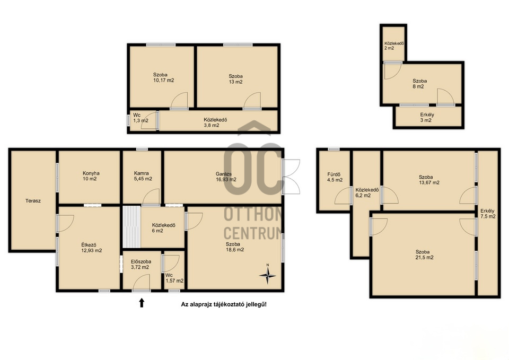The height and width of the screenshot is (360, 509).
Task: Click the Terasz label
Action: (x=33, y=201)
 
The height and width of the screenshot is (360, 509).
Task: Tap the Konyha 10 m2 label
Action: (x=91, y=176)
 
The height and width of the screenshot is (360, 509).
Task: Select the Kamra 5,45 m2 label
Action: (x=143, y=176)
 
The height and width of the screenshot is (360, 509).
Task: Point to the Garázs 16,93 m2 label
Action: (x=226, y=177)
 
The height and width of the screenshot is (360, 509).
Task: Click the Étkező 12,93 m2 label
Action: (x=92, y=248)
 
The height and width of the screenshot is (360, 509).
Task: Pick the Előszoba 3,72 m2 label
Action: (x=141, y=264)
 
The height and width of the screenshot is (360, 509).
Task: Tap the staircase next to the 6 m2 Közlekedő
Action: (x=131, y=227)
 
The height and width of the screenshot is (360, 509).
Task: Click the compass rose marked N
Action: (x=267, y=275)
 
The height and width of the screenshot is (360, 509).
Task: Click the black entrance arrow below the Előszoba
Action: (x=142, y=303)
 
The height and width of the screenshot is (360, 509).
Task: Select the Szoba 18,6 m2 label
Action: (x=235, y=247)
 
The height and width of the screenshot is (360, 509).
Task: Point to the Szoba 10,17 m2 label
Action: (x=164, y=77)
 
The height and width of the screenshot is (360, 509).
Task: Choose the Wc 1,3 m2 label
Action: (x=141, y=118)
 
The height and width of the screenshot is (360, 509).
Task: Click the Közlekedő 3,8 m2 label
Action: (x=215, y=122)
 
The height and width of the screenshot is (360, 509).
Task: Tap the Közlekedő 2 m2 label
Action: (x=394, y=46)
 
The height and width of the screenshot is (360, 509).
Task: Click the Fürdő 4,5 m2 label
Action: (x=335, y=177)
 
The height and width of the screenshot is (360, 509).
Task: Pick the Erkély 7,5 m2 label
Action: (x=488, y=214)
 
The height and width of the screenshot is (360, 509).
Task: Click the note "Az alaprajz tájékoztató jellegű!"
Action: (x=224, y=304)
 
